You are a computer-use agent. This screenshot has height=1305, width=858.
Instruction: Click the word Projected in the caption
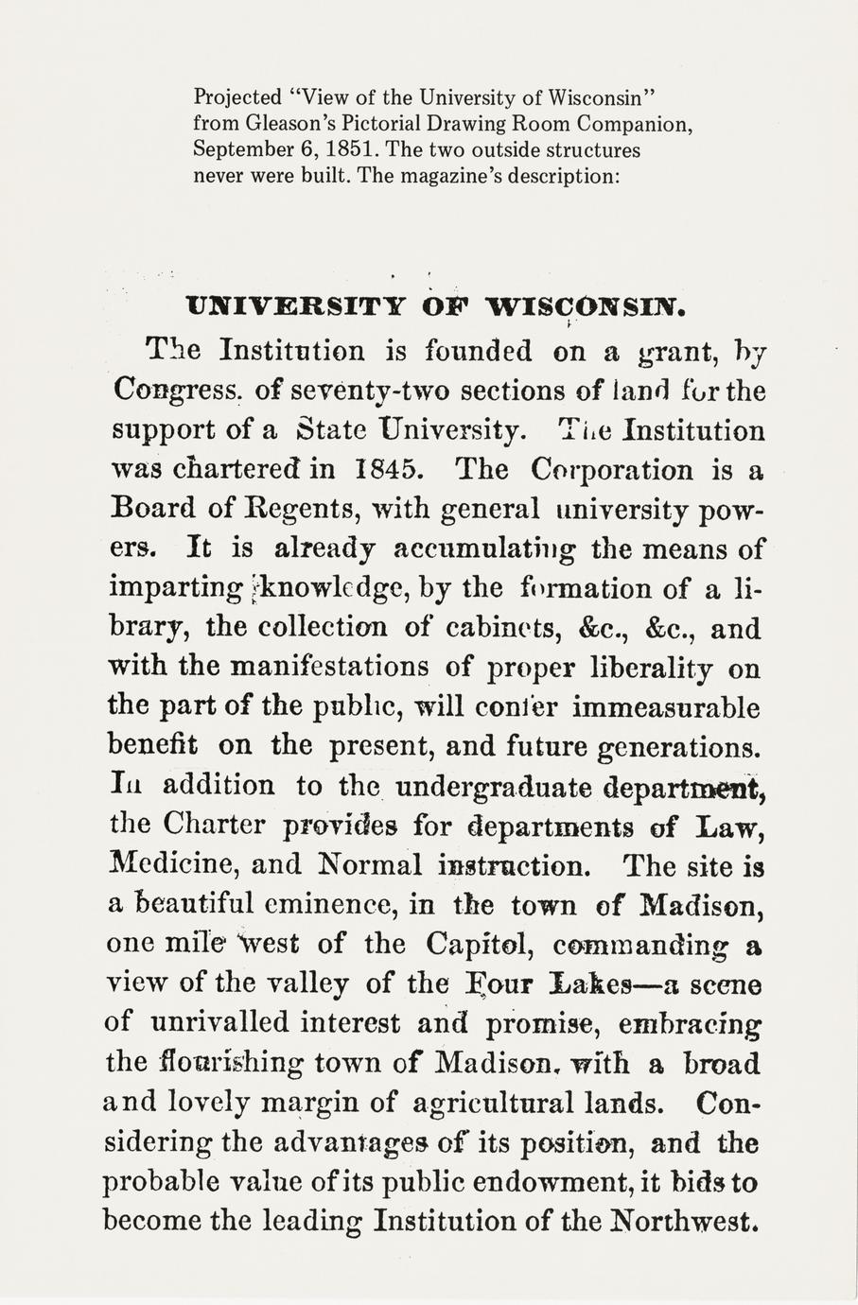237,97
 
